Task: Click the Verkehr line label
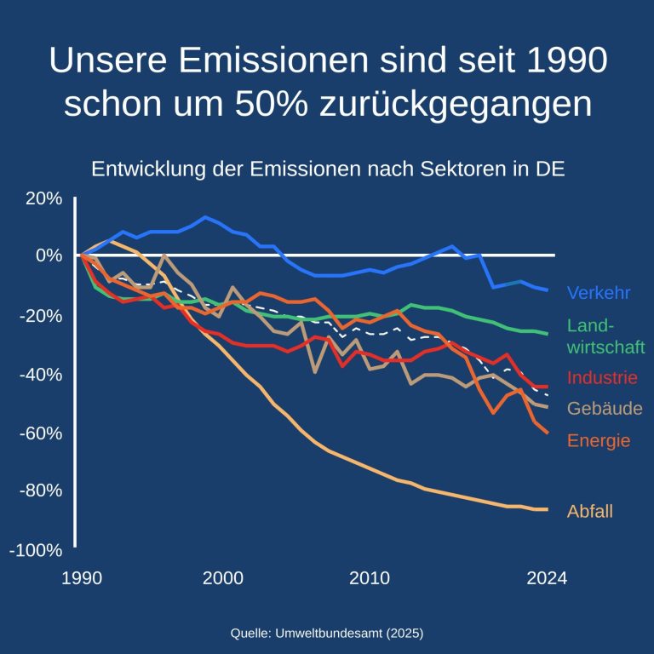pos(598,293)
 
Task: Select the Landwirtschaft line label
pos(605,336)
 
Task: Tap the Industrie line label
pos(601,377)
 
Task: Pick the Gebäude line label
pos(604,409)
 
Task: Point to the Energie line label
pos(598,440)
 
